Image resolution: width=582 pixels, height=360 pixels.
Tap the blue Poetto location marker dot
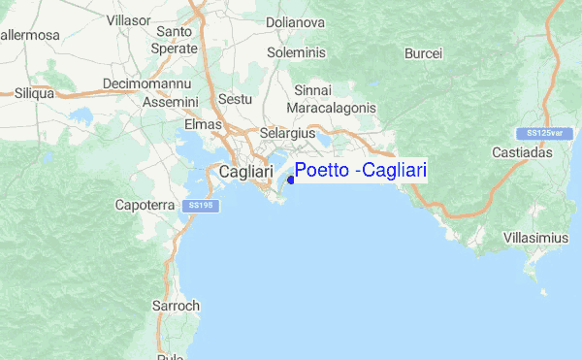[292, 179]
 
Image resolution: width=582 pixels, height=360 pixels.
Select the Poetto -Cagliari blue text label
[361, 171]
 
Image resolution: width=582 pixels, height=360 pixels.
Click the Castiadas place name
[548, 153]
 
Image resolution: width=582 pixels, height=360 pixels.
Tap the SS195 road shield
[202, 206]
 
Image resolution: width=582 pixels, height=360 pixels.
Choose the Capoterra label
[145, 206]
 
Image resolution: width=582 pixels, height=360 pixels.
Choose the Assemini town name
[170, 102]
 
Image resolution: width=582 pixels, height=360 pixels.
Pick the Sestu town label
[236, 99]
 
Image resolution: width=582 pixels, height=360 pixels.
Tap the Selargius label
[287, 134]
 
